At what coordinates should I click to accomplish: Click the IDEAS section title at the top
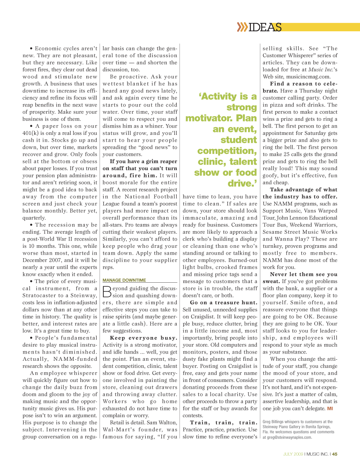tap(265, 27)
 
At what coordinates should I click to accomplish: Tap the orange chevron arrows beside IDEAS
tap(242, 27)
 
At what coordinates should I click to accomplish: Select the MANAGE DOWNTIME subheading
tap(124, 280)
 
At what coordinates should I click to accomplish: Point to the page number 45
tap(335, 454)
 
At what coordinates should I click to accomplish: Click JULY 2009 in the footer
tap(293, 454)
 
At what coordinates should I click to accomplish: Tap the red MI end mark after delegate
tap(330, 409)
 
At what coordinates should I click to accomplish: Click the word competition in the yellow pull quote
tap(227, 151)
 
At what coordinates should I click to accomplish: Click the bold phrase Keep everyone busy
tap(143, 338)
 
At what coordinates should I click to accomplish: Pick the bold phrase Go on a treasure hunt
tap(224, 303)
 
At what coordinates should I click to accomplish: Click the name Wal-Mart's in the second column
tap(116, 430)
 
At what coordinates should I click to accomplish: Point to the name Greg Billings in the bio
tap(273, 422)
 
